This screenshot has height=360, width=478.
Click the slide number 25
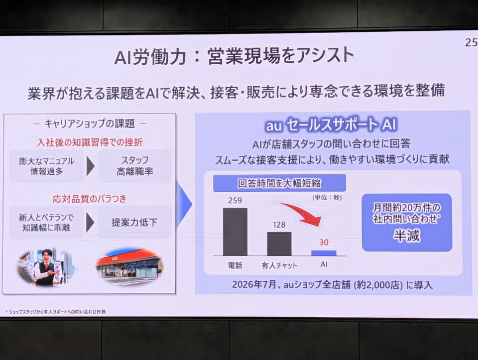click(472, 42)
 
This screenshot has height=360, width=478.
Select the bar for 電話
click(235, 232)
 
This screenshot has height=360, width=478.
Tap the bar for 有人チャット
click(279, 244)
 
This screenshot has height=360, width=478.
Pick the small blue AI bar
click(324, 253)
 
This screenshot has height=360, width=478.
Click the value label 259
click(235, 200)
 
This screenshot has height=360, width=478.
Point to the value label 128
click(279, 225)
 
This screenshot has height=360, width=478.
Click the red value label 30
click(324, 242)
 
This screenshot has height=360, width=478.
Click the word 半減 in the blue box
click(407, 236)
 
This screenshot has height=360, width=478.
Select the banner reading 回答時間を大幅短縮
click(279, 183)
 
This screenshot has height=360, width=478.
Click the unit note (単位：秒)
click(327, 198)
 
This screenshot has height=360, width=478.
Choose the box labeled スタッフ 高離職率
click(135, 166)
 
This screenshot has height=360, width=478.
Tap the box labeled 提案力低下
click(134, 222)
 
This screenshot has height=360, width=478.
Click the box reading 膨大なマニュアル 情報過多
click(47, 166)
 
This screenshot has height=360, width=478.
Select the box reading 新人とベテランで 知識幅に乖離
click(46, 223)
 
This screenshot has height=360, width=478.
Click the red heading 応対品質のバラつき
click(89, 199)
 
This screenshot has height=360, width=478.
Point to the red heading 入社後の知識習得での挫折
click(90, 142)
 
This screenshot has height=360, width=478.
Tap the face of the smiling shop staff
click(47, 256)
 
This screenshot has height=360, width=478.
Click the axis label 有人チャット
click(279, 265)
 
